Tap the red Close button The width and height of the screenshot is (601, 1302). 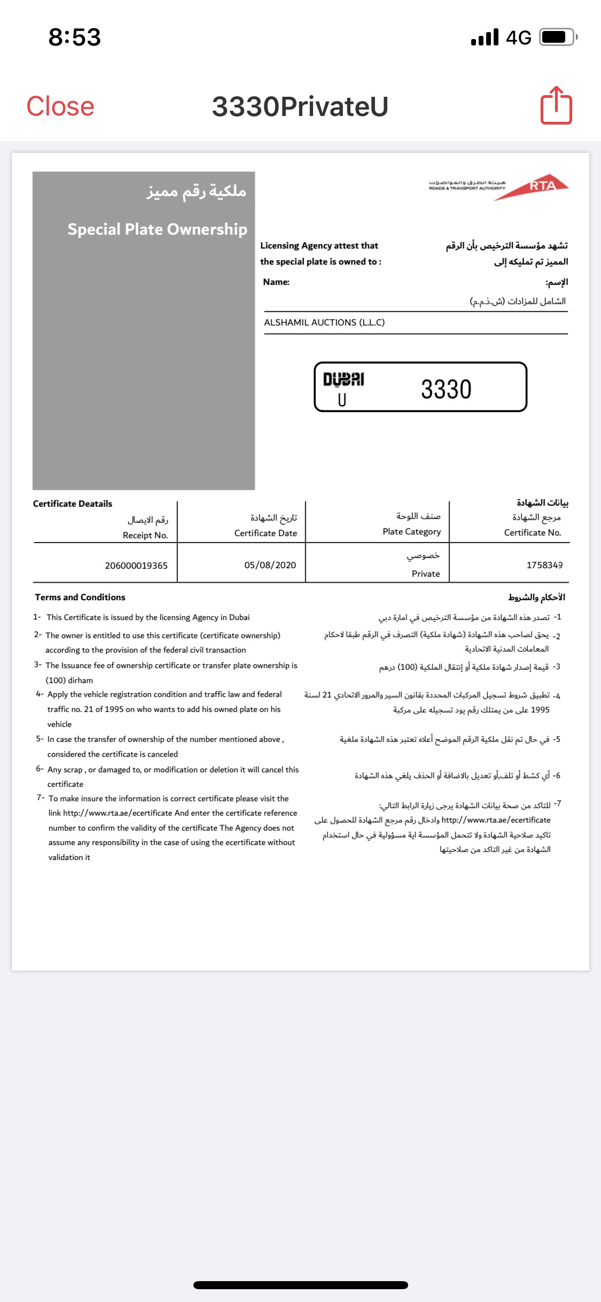pyautogui.click(x=60, y=106)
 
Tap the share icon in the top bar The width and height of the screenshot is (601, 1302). pyautogui.click(x=556, y=106)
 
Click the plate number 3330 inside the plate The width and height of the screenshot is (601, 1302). pyautogui.click(x=446, y=389)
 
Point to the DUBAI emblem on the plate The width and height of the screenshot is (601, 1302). pyautogui.click(x=344, y=379)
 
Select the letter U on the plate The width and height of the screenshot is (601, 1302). pyautogui.click(x=342, y=400)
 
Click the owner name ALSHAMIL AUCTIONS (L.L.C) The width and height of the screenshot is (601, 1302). pyautogui.click(x=324, y=322)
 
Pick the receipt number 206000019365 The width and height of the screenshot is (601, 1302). pyautogui.click(x=136, y=565)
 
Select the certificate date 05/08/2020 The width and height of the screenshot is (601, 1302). pyautogui.click(x=270, y=565)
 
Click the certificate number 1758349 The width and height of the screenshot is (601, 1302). pyautogui.click(x=544, y=565)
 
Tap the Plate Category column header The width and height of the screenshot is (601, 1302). pyautogui.click(x=412, y=531)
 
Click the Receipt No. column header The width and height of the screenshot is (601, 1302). pyautogui.click(x=145, y=535)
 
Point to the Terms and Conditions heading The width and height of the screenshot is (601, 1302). pyautogui.click(x=80, y=597)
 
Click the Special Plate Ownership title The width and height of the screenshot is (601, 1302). pyautogui.click(x=157, y=229)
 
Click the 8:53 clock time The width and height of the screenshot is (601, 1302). pyautogui.click(x=74, y=37)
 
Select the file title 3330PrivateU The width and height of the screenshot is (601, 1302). pyautogui.click(x=300, y=106)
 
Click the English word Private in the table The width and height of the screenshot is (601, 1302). pyautogui.click(x=426, y=573)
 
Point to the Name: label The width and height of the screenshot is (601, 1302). pyautogui.click(x=276, y=282)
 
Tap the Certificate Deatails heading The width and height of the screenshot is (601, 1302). pyautogui.click(x=73, y=503)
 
